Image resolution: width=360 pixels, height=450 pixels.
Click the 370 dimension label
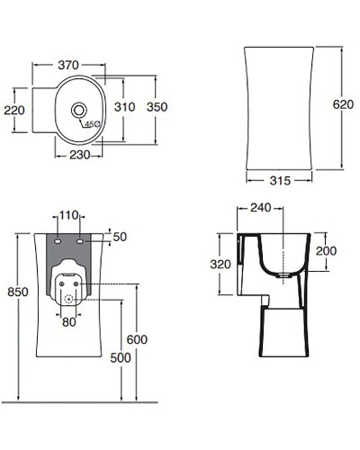pos(68,65)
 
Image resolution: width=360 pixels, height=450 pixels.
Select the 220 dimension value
pos(14,110)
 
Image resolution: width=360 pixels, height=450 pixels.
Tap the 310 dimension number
pos(124,107)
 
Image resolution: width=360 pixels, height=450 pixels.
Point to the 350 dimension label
pos(157,107)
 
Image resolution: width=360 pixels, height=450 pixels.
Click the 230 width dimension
pos(80,155)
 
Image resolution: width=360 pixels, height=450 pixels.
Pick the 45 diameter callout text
pos(92,124)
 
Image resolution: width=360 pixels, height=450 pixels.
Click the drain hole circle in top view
pos(79,110)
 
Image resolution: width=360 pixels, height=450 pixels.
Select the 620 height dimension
pos(343,104)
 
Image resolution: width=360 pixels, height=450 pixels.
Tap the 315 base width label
pos(280,180)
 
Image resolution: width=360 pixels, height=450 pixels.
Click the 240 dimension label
pos(261,207)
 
